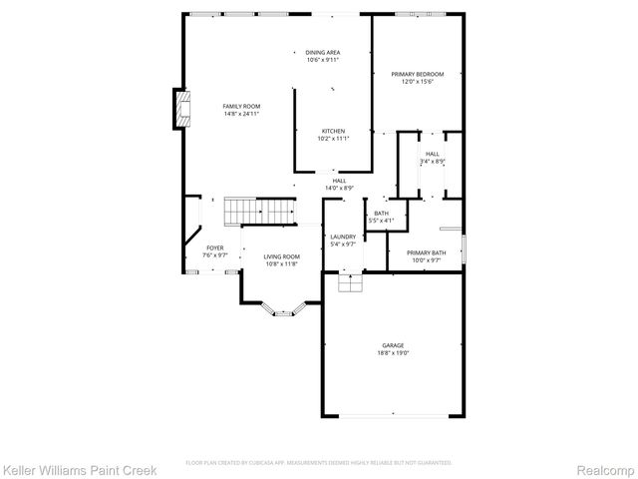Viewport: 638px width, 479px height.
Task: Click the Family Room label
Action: (x=241, y=106)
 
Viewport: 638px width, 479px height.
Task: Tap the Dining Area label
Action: (x=323, y=52)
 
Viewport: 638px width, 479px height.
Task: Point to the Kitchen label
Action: (x=333, y=131)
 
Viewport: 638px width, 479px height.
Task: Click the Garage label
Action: (x=392, y=345)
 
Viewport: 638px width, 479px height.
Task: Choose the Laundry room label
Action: (x=343, y=237)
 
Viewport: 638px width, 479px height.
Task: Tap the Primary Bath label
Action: (x=427, y=252)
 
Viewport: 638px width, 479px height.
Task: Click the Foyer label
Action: (x=215, y=247)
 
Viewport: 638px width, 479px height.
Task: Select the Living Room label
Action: (x=281, y=256)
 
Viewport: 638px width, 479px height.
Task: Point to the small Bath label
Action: (x=382, y=213)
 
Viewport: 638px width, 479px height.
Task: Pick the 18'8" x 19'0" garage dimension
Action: (x=392, y=353)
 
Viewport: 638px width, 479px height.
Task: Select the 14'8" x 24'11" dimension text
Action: (x=241, y=114)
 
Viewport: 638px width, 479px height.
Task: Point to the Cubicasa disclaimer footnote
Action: (x=319, y=463)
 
